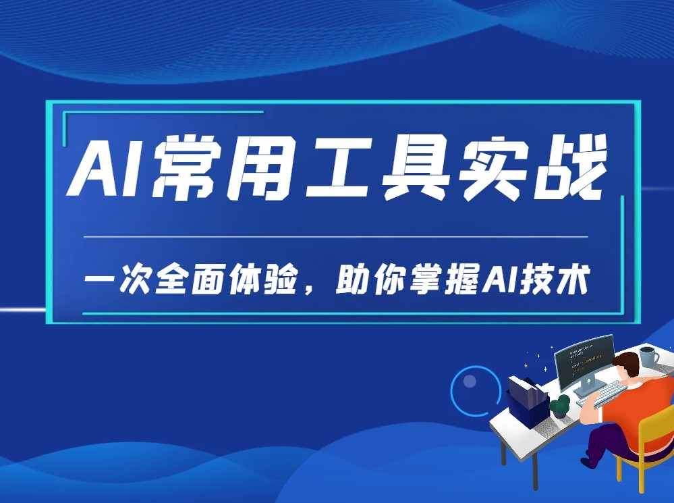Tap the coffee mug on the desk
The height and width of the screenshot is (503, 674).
(x=649, y=356)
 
